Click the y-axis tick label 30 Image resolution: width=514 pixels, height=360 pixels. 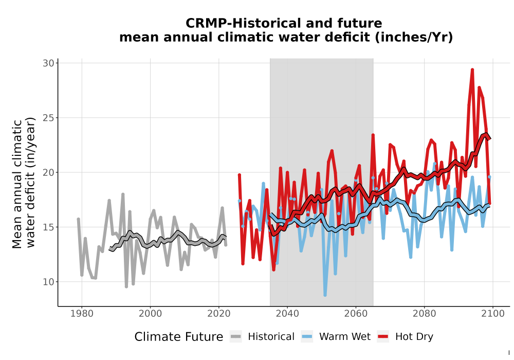point(48,63)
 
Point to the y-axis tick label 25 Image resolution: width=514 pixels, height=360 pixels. point(48,118)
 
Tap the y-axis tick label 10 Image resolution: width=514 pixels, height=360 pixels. point(48,282)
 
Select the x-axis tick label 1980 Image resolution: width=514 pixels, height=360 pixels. point(82,314)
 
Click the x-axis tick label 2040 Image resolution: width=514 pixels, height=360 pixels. point(287,314)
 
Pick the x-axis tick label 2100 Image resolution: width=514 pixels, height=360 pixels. point(493,314)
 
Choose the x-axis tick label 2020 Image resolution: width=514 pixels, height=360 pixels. point(218,314)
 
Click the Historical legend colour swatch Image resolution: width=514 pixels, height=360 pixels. point(236,336)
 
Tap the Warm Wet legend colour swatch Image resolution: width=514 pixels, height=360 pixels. point(307,336)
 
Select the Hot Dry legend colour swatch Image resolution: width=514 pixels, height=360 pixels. point(383,336)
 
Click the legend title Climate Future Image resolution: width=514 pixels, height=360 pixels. point(179,337)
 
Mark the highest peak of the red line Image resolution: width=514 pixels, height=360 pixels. point(472,69)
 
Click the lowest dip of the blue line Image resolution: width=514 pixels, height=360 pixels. point(325,295)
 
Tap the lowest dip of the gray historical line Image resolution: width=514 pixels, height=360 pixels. point(126,286)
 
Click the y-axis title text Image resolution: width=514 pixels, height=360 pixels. point(24,183)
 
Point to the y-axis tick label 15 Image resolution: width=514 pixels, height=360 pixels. point(48,227)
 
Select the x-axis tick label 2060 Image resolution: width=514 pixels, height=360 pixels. point(356,314)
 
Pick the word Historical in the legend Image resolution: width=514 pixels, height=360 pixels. point(271,337)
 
